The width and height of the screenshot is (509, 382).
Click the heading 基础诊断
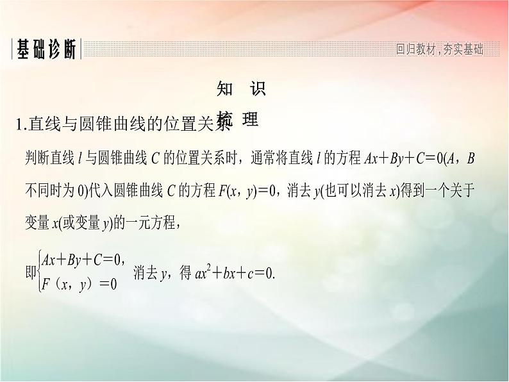click(46, 50)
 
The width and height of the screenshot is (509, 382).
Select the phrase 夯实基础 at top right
click(462, 49)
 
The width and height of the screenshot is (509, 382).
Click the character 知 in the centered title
click(225, 88)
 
